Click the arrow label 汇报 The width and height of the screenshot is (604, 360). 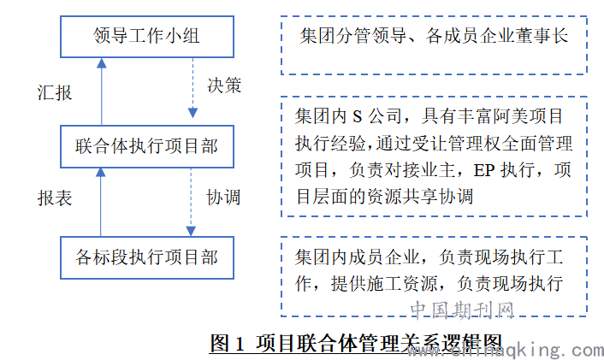click(x=54, y=93)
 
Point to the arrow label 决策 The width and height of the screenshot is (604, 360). click(x=224, y=86)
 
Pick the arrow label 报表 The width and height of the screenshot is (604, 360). click(x=54, y=198)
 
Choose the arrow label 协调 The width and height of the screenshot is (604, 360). click(x=223, y=198)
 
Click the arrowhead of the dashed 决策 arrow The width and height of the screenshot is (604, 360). click(x=192, y=113)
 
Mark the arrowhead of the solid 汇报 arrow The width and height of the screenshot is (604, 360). click(x=101, y=63)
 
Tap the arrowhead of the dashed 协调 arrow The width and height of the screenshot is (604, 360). click(x=191, y=231)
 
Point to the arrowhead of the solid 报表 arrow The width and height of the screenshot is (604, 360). click(x=101, y=173)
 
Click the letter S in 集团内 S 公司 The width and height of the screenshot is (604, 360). click(x=358, y=116)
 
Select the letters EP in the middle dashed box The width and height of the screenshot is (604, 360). click(x=484, y=170)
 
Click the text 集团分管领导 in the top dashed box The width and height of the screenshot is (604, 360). click(x=353, y=36)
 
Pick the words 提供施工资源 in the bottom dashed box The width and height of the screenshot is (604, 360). click(x=384, y=284)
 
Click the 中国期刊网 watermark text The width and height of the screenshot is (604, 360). click(x=462, y=310)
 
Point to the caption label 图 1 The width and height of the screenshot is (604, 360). click(x=228, y=343)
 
